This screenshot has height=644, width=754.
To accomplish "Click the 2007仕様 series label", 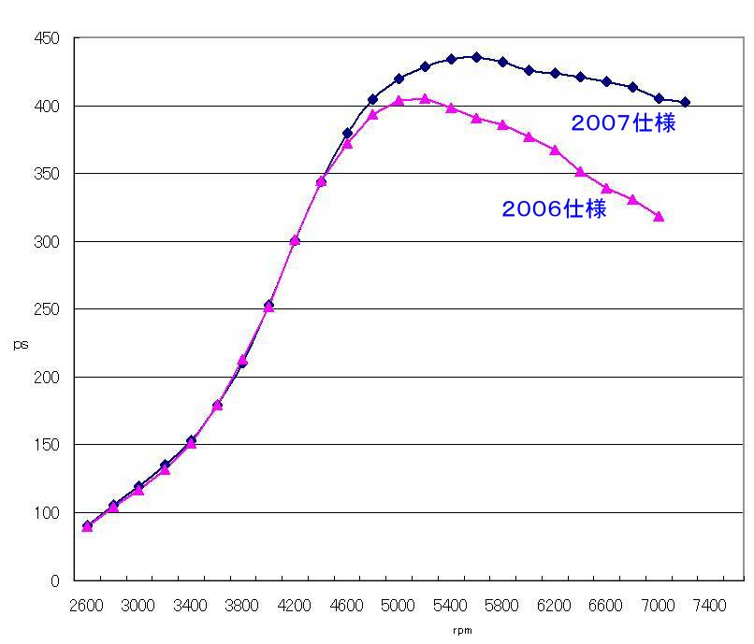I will point(623,123).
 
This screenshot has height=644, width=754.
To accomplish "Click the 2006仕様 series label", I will point(554,209).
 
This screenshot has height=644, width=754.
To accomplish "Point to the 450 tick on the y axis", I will point(48,38).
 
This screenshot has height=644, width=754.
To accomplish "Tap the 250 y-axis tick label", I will point(48,309).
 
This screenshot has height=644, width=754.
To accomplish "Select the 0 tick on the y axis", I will point(55,580).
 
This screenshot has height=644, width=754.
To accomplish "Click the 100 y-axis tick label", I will point(48,512).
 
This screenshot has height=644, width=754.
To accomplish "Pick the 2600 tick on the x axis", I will point(87,606).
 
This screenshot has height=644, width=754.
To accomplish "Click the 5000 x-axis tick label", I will point(399,606).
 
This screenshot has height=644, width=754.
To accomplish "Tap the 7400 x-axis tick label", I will point(710,606).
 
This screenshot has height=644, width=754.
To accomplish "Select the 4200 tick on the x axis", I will point(295,606).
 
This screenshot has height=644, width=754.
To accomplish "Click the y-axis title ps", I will point(21,345).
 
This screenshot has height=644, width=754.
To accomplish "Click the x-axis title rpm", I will point(462,631).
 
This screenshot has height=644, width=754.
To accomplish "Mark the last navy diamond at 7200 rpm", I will point(685,102).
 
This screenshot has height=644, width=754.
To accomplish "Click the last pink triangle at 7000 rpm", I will point(659,216).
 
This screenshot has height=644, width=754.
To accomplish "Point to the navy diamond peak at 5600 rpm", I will point(476,57).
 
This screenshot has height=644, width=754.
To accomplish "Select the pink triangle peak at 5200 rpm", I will point(425,98).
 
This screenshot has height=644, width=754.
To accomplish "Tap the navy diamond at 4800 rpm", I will point(372,99).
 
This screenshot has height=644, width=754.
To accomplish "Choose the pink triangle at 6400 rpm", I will point(580,172).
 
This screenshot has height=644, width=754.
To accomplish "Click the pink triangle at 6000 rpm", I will point(529,136).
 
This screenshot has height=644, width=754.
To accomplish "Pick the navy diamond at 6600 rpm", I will point(606,81).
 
